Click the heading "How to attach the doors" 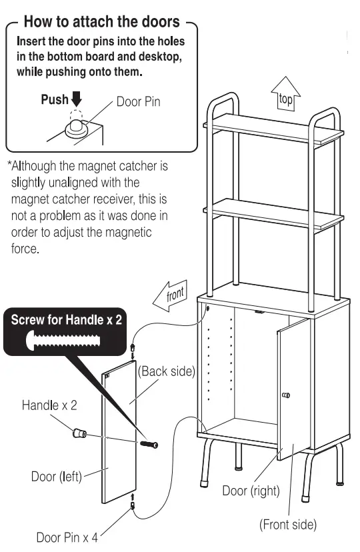101,22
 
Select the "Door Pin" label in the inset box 139,103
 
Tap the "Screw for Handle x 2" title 67,319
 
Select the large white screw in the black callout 66,341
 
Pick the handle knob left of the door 79,434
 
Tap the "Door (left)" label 57,477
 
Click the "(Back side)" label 166,371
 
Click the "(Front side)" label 287,524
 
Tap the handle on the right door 286,395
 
